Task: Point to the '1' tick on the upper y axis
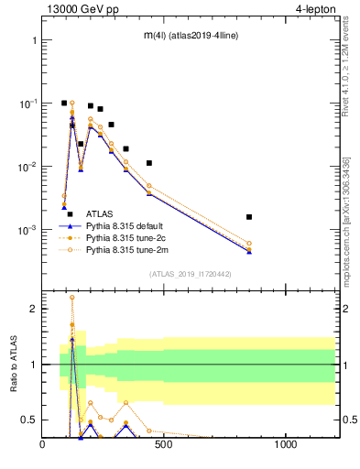click(x=33, y=41)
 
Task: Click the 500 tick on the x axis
click(x=164, y=446)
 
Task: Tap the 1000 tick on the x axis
click(x=286, y=446)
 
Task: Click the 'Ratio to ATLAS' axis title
click(x=11, y=364)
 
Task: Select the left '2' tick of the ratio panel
click(x=33, y=309)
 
